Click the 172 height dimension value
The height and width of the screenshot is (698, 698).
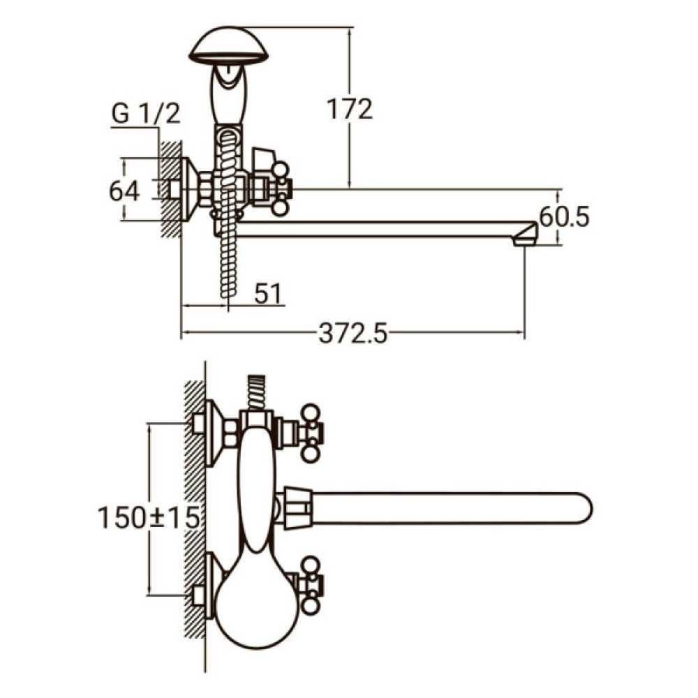[x=350, y=109]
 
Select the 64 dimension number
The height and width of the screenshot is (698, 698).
[x=125, y=191]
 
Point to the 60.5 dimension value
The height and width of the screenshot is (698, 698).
[x=565, y=217]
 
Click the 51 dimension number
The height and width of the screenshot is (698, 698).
[x=268, y=294]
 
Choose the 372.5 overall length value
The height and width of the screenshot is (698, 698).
[x=353, y=334]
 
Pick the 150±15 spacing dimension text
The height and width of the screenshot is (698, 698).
[x=149, y=518]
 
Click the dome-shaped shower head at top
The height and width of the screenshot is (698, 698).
[x=228, y=46]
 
